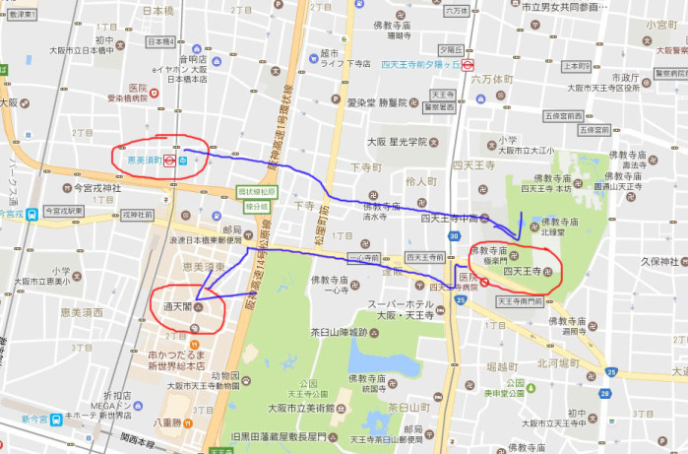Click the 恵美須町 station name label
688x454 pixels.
click(138, 159)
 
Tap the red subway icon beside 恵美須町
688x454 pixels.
click(170, 159)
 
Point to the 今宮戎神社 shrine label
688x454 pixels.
click(96, 187)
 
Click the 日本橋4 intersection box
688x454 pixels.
click(160, 42)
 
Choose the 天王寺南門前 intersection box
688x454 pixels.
click(521, 300)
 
